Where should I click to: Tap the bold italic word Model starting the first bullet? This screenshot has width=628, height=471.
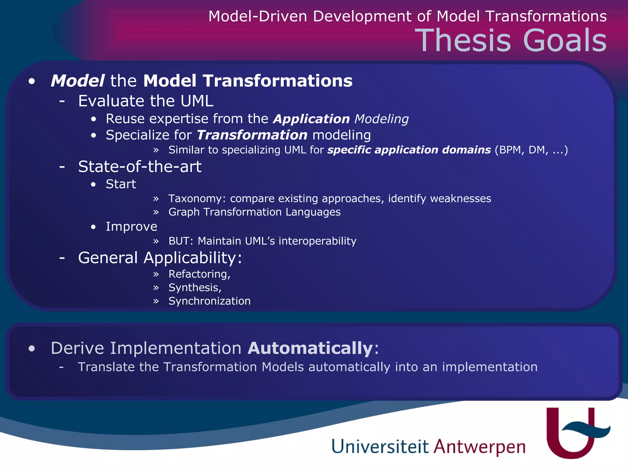[78, 81]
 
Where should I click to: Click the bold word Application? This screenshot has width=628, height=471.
[311, 119]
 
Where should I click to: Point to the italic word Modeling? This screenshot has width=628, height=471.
[381, 119]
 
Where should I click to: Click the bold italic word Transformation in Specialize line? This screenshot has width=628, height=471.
[252, 135]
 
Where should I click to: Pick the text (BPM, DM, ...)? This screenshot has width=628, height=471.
[531, 150]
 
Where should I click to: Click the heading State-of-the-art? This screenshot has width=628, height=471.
[140, 167]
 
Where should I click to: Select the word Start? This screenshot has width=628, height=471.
[121, 184]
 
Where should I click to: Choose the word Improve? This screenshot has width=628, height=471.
[131, 227]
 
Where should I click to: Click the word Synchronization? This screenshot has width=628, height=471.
[209, 301]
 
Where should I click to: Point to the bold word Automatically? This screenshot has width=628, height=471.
[310, 348]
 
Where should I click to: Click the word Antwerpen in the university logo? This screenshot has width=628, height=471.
[479, 447]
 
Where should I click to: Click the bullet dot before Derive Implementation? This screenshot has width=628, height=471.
[32, 349]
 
